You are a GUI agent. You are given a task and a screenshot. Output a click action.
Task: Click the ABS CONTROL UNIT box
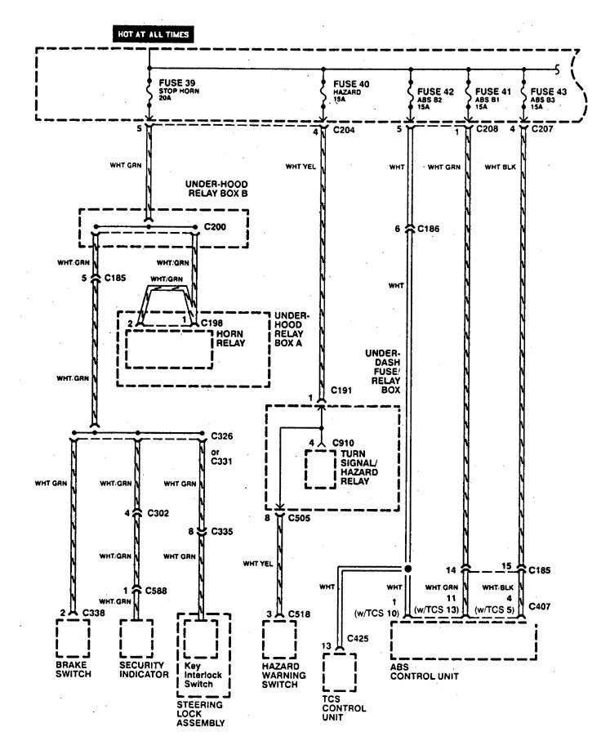(x=463, y=641)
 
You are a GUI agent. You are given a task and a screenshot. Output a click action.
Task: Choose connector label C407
(x=540, y=606)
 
